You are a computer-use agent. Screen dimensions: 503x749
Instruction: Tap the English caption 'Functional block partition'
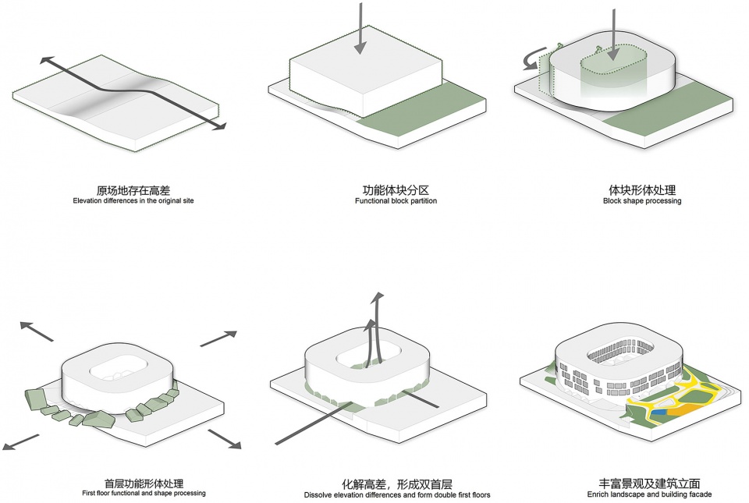pyautogui.click(x=396, y=201)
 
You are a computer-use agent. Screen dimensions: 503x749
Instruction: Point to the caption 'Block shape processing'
pyautogui.click(x=642, y=201)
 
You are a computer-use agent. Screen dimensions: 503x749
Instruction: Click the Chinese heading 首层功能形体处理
pyautogui.click(x=144, y=484)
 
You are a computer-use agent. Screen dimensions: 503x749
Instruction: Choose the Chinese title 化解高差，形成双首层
pyautogui.click(x=396, y=484)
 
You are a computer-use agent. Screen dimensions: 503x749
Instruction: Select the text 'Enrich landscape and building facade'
pyautogui.click(x=649, y=494)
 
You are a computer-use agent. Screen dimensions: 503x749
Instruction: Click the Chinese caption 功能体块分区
pyautogui.click(x=396, y=190)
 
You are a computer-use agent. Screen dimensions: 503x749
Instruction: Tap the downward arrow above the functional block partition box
pyautogui.click(x=360, y=31)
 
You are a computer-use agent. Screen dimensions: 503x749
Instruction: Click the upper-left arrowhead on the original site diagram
pyautogui.click(x=47, y=61)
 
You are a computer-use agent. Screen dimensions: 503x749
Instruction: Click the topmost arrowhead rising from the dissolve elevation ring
pyautogui.click(x=378, y=298)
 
